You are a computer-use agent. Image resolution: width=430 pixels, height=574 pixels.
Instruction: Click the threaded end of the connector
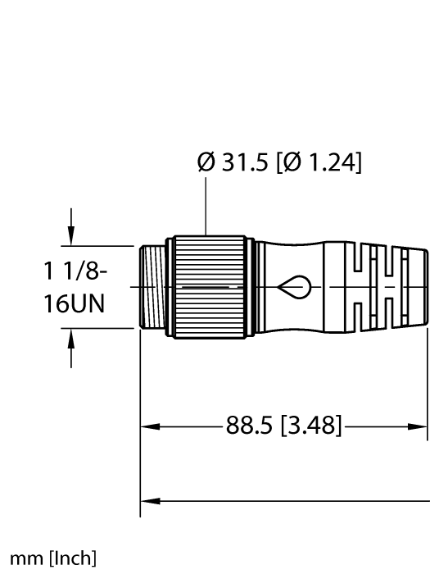coord(152,286)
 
